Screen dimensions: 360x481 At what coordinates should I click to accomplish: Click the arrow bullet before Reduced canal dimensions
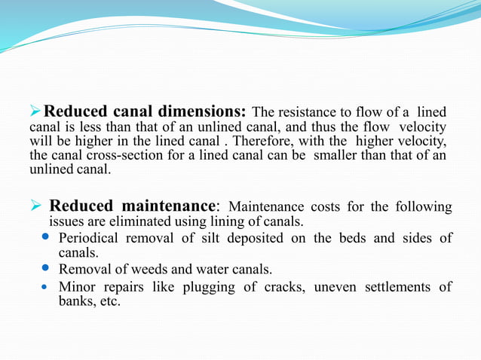tap(35, 111)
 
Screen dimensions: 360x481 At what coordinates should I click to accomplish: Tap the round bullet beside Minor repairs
tap(44, 287)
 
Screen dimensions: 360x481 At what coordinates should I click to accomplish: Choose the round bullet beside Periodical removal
tap(44, 238)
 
